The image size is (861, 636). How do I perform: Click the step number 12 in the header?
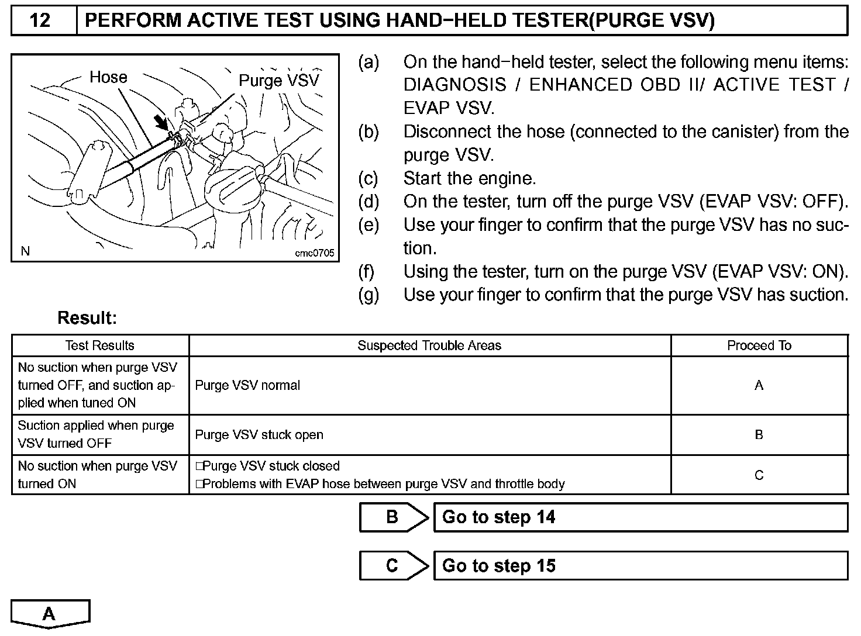pos(40,20)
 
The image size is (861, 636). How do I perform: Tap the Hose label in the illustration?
pos(108,77)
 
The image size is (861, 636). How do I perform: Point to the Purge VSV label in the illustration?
pos(279,81)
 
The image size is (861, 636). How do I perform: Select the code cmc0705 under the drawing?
pos(314,253)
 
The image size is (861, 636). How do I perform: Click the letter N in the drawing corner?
pos(25,251)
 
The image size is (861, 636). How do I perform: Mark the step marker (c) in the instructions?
pos(368,178)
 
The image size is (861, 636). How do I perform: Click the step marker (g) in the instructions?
pos(368,295)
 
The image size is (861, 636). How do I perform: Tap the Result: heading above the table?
pos(87,319)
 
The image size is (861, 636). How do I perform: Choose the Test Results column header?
pos(100,345)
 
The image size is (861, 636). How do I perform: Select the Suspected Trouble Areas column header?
pos(429,345)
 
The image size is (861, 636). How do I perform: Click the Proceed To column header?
pos(759,345)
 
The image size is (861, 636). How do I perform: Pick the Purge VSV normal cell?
pos(247,386)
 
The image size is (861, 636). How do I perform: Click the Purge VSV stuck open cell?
pos(259,435)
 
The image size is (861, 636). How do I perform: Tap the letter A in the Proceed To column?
pos(759,386)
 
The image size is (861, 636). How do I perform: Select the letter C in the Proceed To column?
pos(759,475)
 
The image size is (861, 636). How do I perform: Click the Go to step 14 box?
pos(640,517)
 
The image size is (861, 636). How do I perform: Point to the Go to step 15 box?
pos(640,566)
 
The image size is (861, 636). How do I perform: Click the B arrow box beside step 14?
pos(393,517)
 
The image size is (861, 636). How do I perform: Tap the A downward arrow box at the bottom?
pos(50,613)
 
